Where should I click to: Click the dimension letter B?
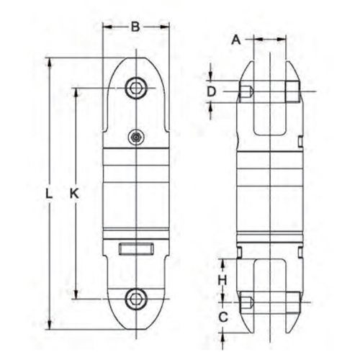click(135, 27)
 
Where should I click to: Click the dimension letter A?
click(236, 40)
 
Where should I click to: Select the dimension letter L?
click(49, 194)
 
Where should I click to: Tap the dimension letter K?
click(74, 194)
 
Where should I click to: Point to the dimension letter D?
click(212, 91)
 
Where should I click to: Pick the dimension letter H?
click(222, 280)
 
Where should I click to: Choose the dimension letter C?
click(223, 318)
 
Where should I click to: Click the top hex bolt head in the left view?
click(136, 88)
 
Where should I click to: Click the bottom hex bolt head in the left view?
click(136, 299)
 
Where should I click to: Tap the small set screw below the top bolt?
click(136, 138)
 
